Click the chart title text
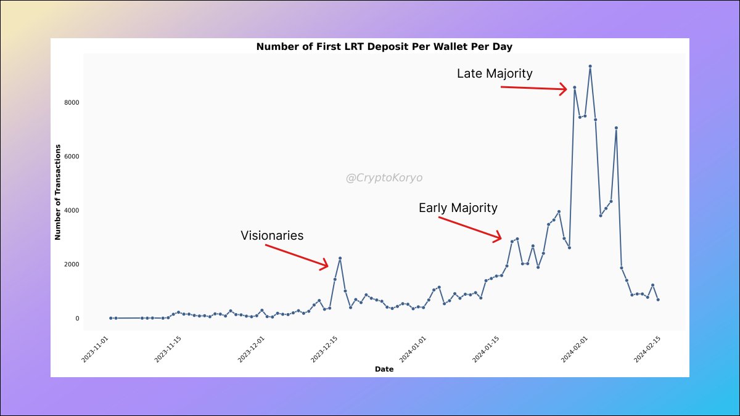click(x=384, y=47)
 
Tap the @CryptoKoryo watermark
click(x=384, y=178)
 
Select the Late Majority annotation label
click(x=495, y=73)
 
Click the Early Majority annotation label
click(x=458, y=208)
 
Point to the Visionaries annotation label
click(x=272, y=235)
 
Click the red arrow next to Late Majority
click(x=533, y=89)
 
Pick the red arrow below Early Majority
click(x=470, y=228)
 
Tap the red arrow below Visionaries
click(x=297, y=256)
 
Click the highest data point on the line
click(x=590, y=66)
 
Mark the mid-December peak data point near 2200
click(x=340, y=258)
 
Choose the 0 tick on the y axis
click(x=77, y=319)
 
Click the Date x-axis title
click(x=384, y=369)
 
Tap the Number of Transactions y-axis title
click(x=57, y=192)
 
